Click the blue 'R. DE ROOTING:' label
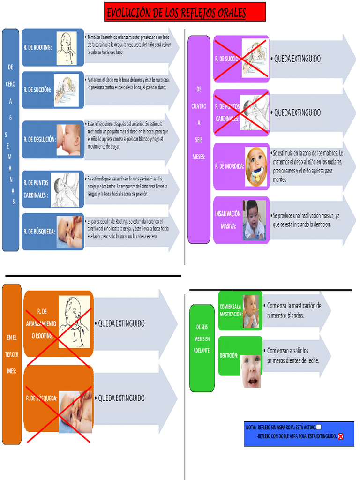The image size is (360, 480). coord(37,47)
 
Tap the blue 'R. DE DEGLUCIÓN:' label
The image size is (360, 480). coord(39,139)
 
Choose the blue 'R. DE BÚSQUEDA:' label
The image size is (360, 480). coord(39,232)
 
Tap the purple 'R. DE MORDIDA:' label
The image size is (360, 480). coord(229,166)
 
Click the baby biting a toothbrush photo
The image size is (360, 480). coord(256,166)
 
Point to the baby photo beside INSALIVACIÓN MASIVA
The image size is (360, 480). coord(254,220)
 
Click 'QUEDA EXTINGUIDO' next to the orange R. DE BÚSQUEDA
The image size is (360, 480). coord(121,398)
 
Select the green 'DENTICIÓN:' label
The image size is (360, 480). coord(229,356)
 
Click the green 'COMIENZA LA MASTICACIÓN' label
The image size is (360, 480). coord(231,310)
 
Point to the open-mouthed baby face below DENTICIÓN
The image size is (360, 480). coord(251,371)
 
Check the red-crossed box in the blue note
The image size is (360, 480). coord(341,436)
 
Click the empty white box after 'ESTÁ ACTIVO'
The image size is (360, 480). coord(319,427)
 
